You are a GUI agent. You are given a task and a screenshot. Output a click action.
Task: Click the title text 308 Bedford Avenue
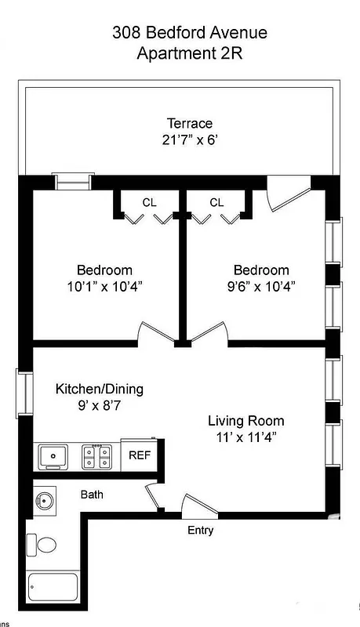coord(189,32)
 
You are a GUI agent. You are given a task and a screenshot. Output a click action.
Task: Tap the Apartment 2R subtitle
coord(189,53)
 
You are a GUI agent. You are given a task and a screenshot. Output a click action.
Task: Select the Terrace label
coord(189,123)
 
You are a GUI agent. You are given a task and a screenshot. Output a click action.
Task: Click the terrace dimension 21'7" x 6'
coord(189,141)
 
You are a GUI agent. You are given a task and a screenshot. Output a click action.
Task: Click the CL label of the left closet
coord(149,203)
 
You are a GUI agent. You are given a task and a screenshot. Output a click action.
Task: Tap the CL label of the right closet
coord(216,203)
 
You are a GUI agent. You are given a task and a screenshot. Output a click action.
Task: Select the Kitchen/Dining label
coord(99,389)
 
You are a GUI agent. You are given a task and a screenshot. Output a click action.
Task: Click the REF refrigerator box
coord(140,455)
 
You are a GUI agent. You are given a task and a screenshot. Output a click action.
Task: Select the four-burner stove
coord(97,455)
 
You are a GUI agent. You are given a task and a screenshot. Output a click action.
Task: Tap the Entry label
coord(200,531)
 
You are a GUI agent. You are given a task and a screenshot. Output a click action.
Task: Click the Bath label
coord(92,495)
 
